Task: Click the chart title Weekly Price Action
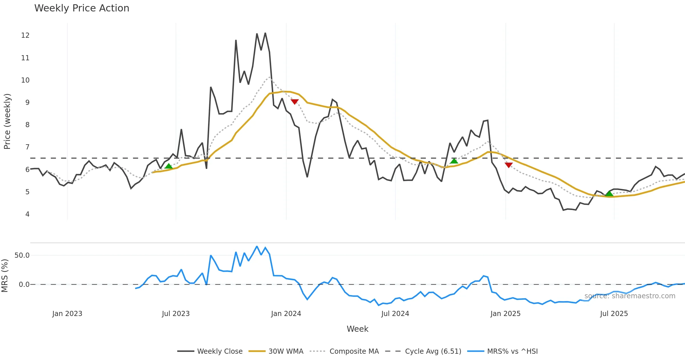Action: click(x=82, y=8)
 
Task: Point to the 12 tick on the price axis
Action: click(x=25, y=35)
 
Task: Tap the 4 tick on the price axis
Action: click(x=27, y=214)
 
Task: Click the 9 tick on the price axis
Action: click(x=27, y=103)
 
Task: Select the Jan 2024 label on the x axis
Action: click(x=286, y=314)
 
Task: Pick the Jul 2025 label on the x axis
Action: click(x=614, y=314)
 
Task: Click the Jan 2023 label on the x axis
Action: click(x=67, y=314)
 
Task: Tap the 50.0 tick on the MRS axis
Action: click(x=22, y=255)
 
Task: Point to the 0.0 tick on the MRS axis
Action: click(x=24, y=285)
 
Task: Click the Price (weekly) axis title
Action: click(x=7, y=121)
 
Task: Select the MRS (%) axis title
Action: click(x=5, y=276)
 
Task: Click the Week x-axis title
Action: click(x=357, y=329)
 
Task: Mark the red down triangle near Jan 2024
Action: click(x=295, y=101)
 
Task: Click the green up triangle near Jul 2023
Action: click(x=169, y=166)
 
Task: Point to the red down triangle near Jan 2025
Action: click(x=509, y=165)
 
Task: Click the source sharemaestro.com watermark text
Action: click(x=630, y=296)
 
